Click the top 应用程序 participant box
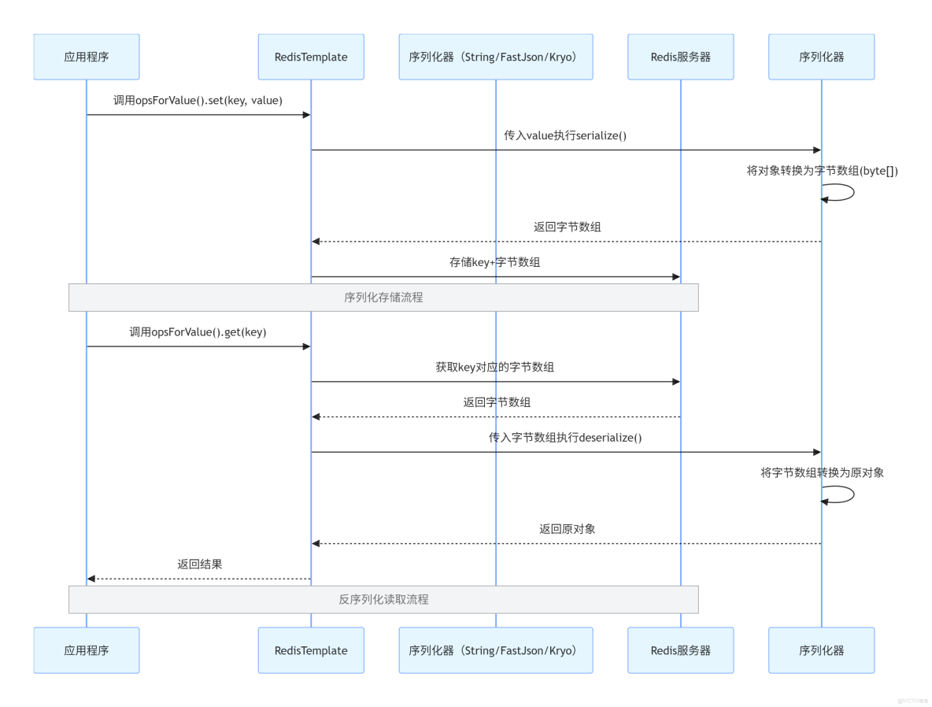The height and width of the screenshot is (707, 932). click(87, 57)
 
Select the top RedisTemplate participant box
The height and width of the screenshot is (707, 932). click(311, 57)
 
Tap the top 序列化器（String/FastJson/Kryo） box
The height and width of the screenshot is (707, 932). click(495, 57)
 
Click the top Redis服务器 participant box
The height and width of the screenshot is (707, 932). click(680, 57)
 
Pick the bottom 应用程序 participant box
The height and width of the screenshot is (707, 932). click(87, 650)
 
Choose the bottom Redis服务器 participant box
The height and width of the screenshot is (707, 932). click(680, 650)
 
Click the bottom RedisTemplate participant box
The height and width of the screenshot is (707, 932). click(311, 650)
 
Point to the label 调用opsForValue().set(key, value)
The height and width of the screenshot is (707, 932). click(198, 101)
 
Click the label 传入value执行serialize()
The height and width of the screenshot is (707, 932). click(565, 135)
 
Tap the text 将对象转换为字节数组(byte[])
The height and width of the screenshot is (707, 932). click(822, 171)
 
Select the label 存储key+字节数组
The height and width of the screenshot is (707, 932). click(495, 262)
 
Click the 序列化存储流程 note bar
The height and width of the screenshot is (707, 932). click(383, 298)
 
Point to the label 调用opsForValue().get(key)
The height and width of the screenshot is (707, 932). click(198, 332)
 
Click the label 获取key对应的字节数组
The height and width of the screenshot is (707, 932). click(495, 367)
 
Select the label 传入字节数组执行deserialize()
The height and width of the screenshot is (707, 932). click(565, 437)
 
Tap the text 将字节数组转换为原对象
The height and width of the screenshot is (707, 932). click(822, 472)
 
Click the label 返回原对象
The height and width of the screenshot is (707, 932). click(567, 529)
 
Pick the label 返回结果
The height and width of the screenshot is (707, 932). click(199, 564)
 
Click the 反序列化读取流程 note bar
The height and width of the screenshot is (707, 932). click(383, 599)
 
